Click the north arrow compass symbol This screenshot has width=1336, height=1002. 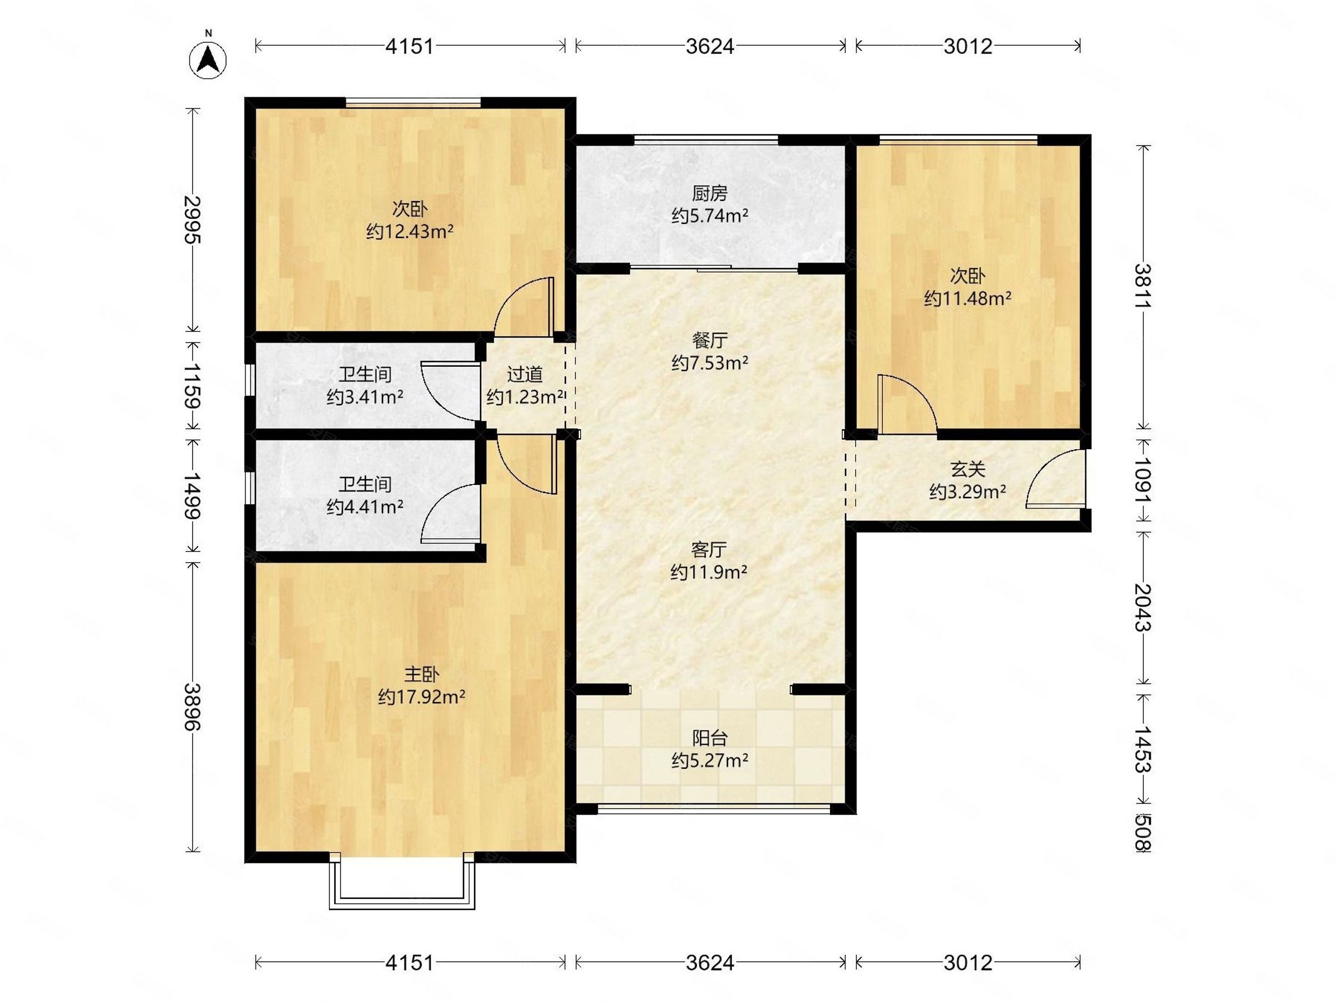208,59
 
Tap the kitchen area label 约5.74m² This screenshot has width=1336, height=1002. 710,215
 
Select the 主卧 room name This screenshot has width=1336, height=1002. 421,674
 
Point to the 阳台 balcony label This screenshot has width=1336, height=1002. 710,738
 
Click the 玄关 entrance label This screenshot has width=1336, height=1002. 967,469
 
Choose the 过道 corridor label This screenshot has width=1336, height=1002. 524,375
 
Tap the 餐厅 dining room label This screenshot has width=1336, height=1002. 710,341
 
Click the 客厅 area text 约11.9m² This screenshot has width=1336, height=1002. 709,572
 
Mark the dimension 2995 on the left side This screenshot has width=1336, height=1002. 193,220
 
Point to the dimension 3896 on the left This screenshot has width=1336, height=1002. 193,706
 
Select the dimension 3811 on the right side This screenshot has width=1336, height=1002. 1143,286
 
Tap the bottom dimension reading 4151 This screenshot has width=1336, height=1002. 410,962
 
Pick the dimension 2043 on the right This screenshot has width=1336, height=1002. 1143,608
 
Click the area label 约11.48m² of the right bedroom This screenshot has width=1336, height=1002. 967,298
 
